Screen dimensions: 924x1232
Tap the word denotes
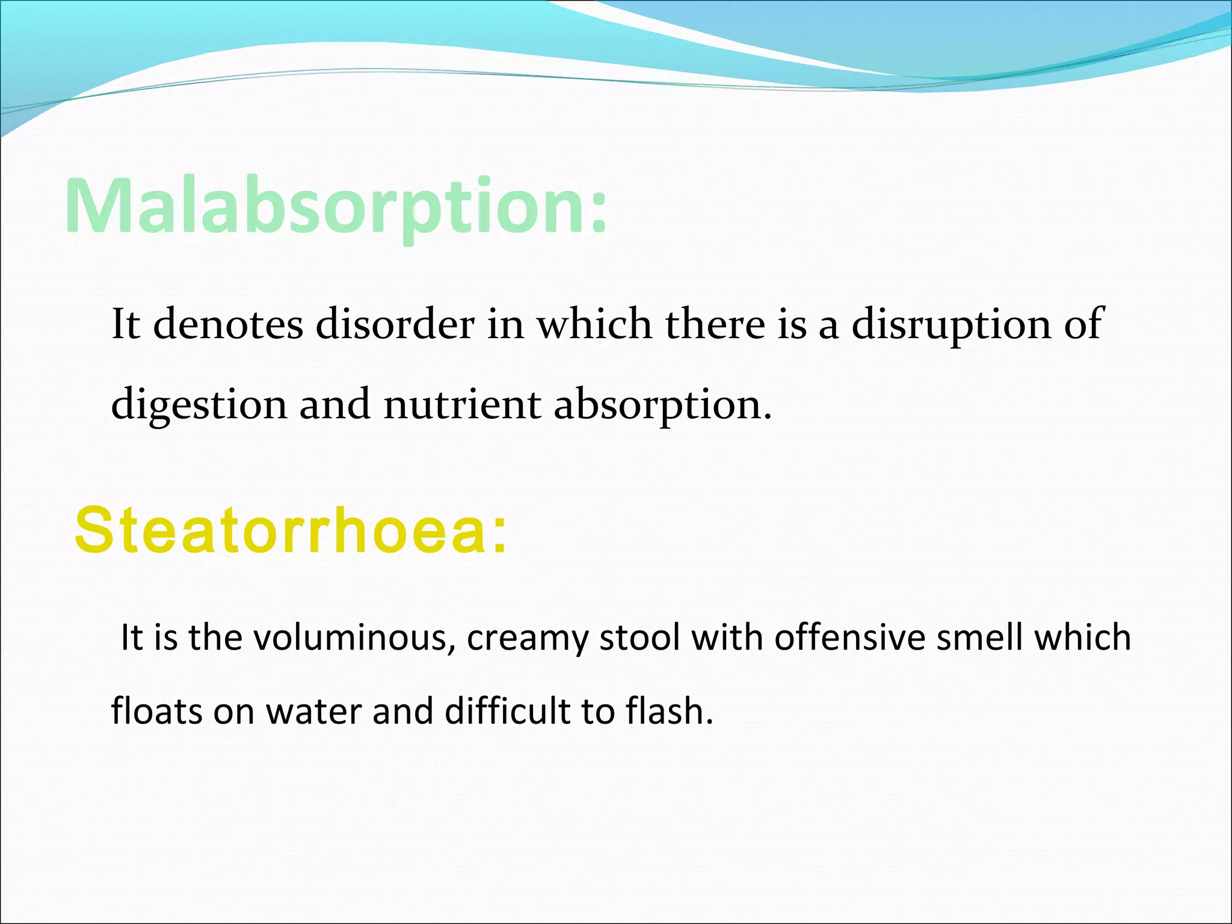coord(228,324)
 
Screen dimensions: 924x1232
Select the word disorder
coord(395,324)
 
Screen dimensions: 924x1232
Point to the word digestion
coord(199,404)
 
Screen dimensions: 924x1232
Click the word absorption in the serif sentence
coord(662,404)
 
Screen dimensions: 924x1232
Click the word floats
coord(157,711)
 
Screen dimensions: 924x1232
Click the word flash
coord(668,711)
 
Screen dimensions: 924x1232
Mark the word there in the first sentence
coord(715,324)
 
